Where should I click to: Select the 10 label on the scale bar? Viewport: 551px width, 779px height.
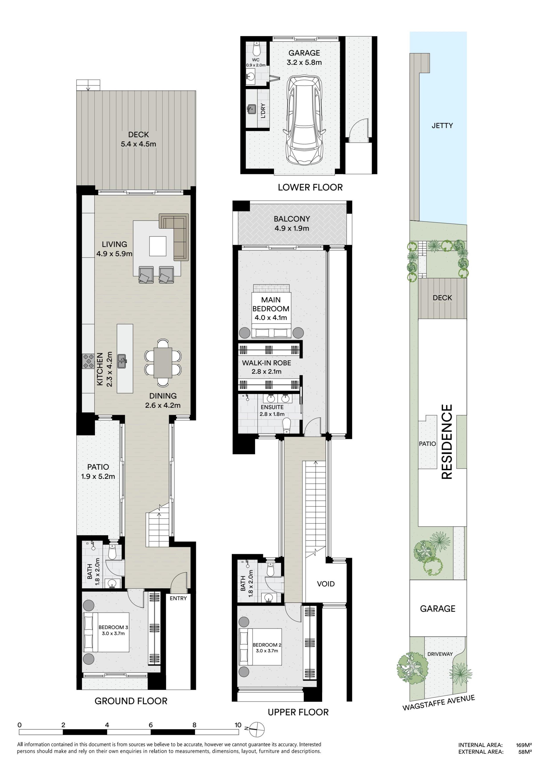(x=238, y=725)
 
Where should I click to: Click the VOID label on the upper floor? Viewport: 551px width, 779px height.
(x=326, y=584)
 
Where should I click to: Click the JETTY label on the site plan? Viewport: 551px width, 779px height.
(x=442, y=125)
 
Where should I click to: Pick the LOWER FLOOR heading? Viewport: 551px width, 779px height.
(x=310, y=187)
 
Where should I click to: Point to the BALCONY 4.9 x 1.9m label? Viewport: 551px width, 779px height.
(x=292, y=224)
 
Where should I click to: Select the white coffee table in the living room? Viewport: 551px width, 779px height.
(x=158, y=246)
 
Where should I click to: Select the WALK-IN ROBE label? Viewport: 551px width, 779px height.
(x=266, y=363)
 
